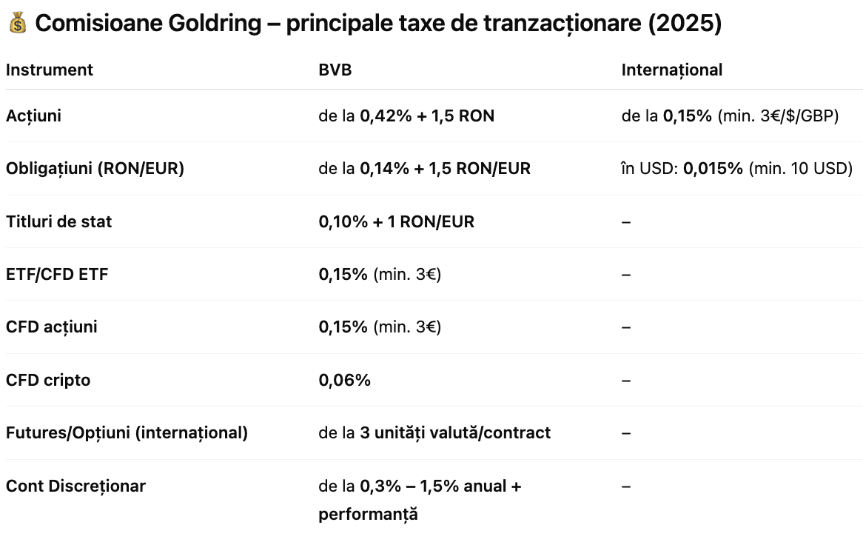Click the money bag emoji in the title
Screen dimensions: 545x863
(18, 24)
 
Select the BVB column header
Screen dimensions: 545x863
(335, 70)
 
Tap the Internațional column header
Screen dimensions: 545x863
(671, 70)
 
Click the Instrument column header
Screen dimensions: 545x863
(50, 70)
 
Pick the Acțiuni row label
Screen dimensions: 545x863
(33, 116)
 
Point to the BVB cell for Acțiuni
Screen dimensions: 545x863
(406, 116)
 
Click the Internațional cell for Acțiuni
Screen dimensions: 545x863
(730, 116)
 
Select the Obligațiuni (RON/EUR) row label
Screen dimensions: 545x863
(95, 169)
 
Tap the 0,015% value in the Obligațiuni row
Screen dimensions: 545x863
(713, 169)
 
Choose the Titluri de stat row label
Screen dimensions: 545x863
(58, 221)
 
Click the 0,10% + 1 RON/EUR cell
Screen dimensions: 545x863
(396, 221)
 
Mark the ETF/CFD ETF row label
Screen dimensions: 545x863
(57, 274)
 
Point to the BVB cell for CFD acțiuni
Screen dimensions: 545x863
(380, 327)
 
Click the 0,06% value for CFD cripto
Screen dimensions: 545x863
(344, 380)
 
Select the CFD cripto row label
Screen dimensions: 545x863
(48, 380)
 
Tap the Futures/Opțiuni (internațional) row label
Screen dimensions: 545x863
(127, 432)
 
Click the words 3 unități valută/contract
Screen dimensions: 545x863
(455, 432)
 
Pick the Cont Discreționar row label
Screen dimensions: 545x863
(75, 486)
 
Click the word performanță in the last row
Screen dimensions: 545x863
(368, 514)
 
